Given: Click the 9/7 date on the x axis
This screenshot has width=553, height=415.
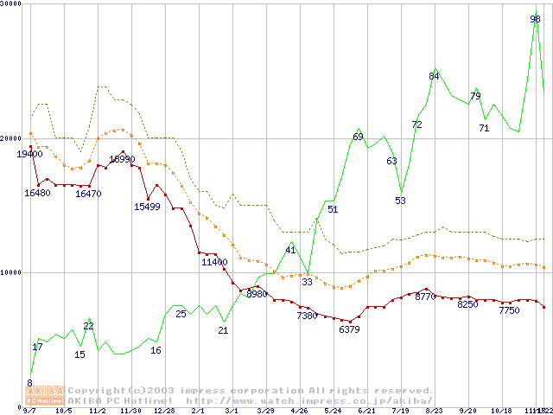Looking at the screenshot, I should pyautogui.click(x=29, y=411).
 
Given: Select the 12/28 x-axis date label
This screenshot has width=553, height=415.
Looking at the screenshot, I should pyautogui.click(x=164, y=411).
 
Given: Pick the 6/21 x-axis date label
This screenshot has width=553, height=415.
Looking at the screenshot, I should pyautogui.click(x=365, y=411).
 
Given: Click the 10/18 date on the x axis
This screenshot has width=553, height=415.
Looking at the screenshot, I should pyautogui.click(x=501, y=411).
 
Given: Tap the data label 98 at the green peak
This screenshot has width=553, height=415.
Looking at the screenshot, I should pyautogui.click(x=536, y=18).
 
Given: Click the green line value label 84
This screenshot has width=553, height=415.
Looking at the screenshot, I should pyautogui.click(x=435, y=76).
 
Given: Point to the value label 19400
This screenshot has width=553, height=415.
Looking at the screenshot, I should pyautogui.click(x=29, y=154).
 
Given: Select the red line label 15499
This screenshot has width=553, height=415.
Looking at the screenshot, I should pyautogui.click(x=147, y=207).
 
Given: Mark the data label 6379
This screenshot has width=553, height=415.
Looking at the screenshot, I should pyautogui.click(x=349, y=330).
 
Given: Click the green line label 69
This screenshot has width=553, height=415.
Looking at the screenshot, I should pyautogui.click(x=358, y=137).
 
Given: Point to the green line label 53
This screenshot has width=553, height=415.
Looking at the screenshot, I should pyautogui.click(x=401, y=201).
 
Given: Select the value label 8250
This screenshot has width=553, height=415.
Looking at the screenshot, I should pyautogui.click(x=467, y=304).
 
